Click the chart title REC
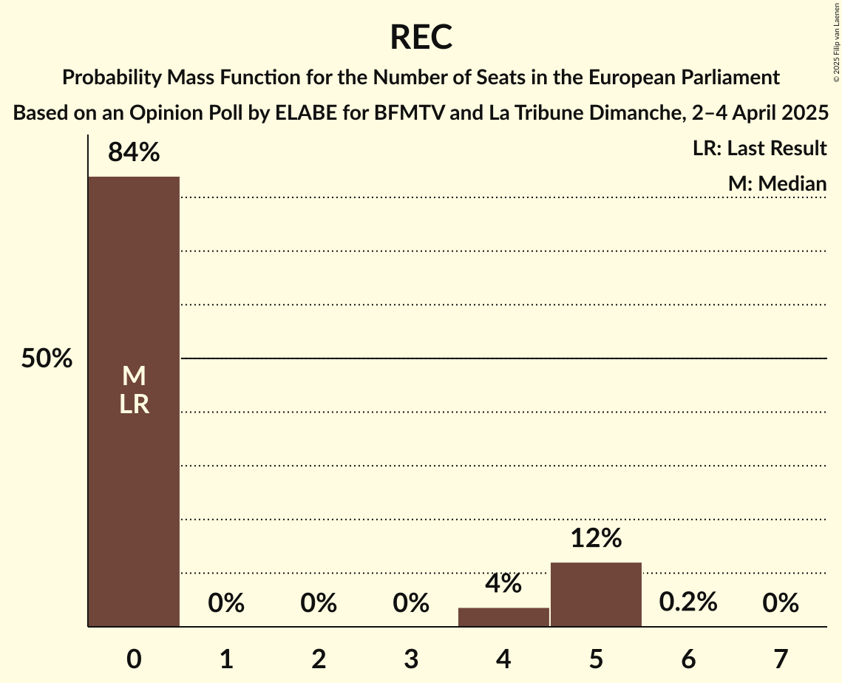click(x=421, y=37)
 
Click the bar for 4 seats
click(x=503, y=617)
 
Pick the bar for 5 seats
click(x=596, y=594)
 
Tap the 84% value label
click(x=134, y=152)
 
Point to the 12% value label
click(x=596, y=538)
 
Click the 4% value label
click(x=503, y=584)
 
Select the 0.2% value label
click(x=688, y=602)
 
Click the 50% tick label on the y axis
click(x=47, y=359)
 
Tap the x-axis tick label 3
click(x=411, y=659)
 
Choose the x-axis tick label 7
click(x=781, y=659)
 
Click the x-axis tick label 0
click(x=134, y=659)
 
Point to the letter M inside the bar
click(x=134, y=377)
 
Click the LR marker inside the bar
click(x=134, y=404)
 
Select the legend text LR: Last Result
click(x=759, y=149)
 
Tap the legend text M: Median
click(x=777, y=183)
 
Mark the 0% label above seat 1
click(x=226, y=604)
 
